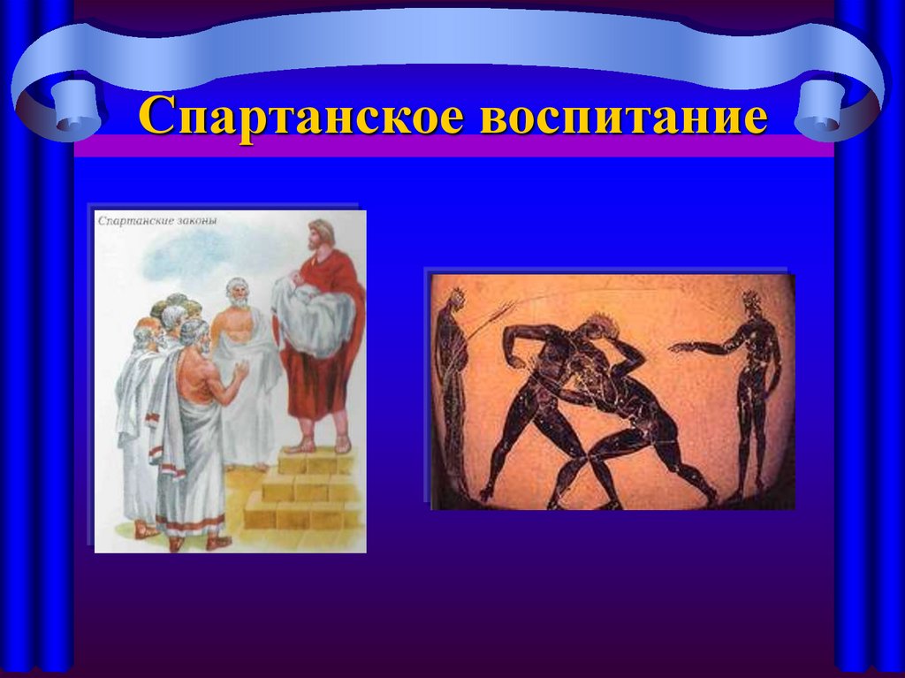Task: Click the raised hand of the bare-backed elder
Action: click(x=240, y=370)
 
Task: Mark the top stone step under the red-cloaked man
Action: click(x=314, y=461)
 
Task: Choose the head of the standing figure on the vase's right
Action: click(x=751, y=306)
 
